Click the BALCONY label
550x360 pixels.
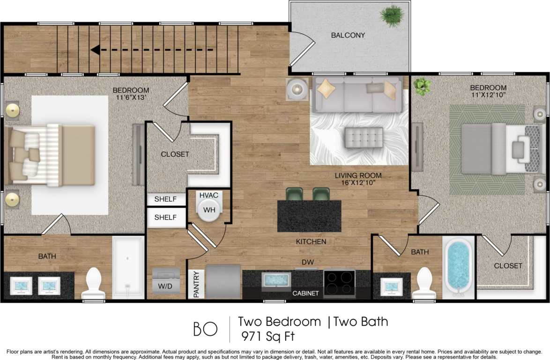[x=348, y=35]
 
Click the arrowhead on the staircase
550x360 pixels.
[x=95, y=50]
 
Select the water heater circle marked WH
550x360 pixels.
[x=209, y=210]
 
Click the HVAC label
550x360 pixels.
[x=209, y=195]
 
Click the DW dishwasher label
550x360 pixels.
[x=307, y=262]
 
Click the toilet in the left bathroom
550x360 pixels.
[x=93, y=284]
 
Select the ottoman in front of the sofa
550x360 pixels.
[x=364, y=137]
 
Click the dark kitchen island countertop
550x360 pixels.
[x=309, y=216]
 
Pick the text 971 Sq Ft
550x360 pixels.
[x=268, y=336]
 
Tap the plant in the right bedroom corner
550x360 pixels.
[x=423, y=87]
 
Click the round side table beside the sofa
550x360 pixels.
[x=297, y=88]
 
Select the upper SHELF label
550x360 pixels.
[x=165, y=199]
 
